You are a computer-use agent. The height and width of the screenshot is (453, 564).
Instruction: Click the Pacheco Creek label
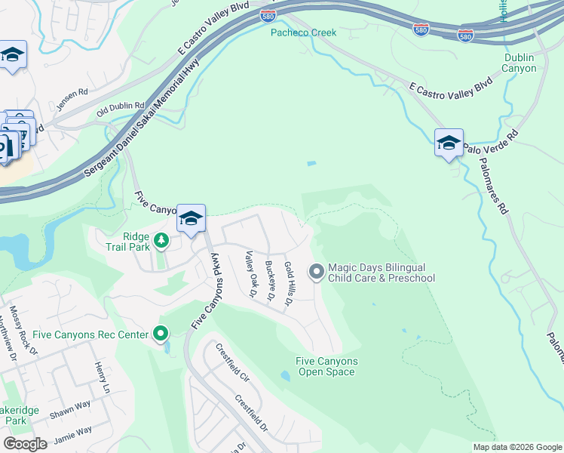[x=304, y=32]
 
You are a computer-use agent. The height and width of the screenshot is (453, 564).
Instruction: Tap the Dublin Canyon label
[x=520, y=63]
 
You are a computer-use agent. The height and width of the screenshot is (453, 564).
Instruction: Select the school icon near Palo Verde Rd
[x=449, y=142]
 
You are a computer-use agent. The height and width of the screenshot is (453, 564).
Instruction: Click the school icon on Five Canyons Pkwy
[x=192, y=218]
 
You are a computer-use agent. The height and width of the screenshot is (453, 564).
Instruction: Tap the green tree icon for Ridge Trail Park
[x=161, y=241]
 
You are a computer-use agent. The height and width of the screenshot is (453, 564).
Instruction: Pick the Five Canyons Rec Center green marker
[x=161, y=333]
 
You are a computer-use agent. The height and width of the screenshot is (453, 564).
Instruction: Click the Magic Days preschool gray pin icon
[x=316, y=270]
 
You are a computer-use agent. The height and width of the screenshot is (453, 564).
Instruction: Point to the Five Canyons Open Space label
[x=326, y=366]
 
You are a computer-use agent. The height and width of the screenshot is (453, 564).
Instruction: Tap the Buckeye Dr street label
[x=269, y=281]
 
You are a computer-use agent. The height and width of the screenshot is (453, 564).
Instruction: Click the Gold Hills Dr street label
[x=288, y=285]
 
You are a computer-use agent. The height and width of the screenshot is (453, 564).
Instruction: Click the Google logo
[x=25, y=444]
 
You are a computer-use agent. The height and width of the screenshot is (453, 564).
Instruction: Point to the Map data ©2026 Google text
[x=516, y=447]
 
